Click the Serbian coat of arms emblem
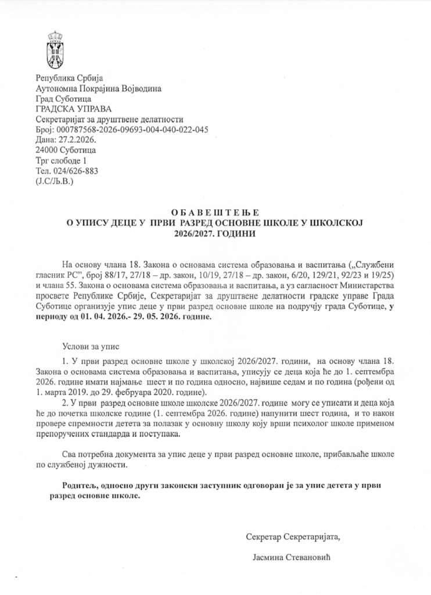pyautogui.click(x=55, y=49)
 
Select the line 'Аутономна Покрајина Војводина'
pyautogui.click(x=98, y=89)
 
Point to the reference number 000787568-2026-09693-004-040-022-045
pyautogui.click(x=132, y=130)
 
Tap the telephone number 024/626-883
pyautogui.click(x=74, y=171)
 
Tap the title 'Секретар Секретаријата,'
pyautogui.click(x=293, y=538)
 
